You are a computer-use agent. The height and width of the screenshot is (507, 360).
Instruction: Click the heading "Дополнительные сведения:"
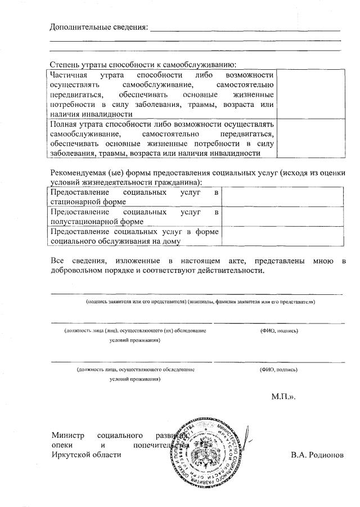tap(98, 27)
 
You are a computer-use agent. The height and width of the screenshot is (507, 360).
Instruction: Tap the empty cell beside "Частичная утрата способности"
tap(310, 94)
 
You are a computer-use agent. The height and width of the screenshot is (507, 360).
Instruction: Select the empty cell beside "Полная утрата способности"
tap(310, 139)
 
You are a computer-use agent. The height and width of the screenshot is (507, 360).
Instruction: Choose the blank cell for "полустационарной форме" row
tap(282, 217)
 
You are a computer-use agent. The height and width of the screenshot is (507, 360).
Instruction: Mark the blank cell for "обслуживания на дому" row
tap(282, 236)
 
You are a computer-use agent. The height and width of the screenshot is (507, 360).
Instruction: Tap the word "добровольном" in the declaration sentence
tap(77, 271)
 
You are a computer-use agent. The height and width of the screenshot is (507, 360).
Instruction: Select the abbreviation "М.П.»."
tap(283, 397)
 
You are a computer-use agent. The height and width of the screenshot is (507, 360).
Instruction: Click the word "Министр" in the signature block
tap(67, 435)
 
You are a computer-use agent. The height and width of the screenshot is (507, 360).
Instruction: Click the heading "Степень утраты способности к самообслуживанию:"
tap(143, 65)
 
